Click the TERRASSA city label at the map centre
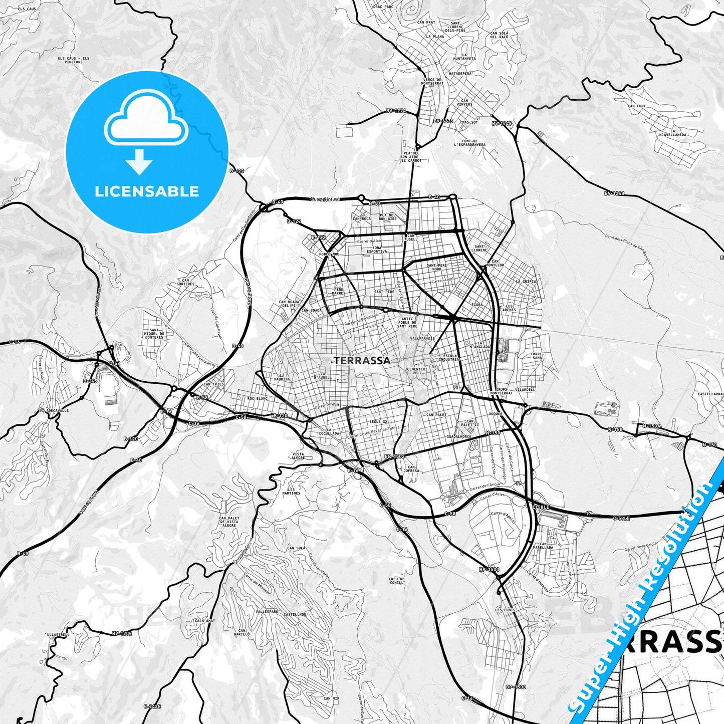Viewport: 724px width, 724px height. [362, 360]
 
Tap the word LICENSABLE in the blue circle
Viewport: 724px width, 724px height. [147, 191]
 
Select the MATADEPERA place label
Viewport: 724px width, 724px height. [460, 73]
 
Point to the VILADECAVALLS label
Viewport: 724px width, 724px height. [54, 410]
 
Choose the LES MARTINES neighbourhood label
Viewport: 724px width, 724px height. [291, 491]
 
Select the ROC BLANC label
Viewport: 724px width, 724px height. [258, 399]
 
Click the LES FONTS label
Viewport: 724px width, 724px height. [505, 610]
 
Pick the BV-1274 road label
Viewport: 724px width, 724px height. [396, 111]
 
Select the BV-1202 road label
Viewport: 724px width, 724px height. [122, 633]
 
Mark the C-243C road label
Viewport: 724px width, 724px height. [152, 706]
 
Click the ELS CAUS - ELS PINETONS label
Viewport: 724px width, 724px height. [73, 60]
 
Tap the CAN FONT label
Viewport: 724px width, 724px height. [637, 106]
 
